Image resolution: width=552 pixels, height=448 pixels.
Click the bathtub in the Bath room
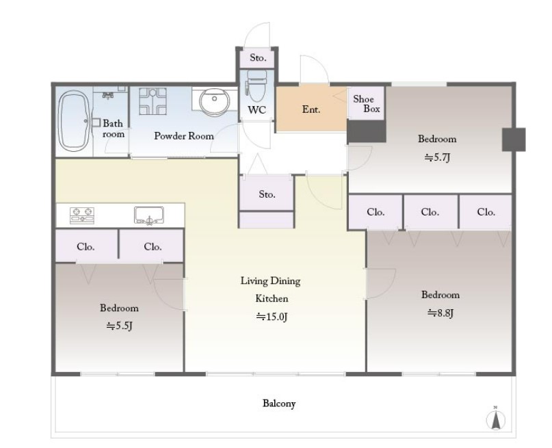(x=74, y=120)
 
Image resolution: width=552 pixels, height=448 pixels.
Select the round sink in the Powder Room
(x=214, y=101)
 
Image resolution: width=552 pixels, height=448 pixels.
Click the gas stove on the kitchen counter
(x=82, y=215)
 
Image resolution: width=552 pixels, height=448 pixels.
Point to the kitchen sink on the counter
(x=149, y=215)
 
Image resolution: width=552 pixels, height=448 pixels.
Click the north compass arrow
(x=496, y=419)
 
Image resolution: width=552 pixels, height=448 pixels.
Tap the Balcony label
(x=279, y=404)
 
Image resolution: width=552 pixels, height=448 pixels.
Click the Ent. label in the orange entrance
(x=311, y=109)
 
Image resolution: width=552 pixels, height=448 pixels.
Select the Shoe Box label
(x=367, y=104)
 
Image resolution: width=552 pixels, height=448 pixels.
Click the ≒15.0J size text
(x=272, y=317)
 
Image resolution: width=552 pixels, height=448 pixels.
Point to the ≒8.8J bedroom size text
(x=440, y=313)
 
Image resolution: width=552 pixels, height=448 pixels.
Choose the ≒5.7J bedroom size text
(x=437, y=157)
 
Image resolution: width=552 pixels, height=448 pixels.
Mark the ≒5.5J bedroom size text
(x=119, y=326)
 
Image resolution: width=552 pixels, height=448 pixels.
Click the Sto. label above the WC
(x=258, y=57)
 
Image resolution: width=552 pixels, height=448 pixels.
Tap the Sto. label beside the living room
(x=267, y=194)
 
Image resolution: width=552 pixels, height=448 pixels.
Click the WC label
(x=257, y=110)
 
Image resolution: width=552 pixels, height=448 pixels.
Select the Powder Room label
(x=184, y=136)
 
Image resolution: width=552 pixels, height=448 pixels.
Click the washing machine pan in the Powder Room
(x=153, y=101)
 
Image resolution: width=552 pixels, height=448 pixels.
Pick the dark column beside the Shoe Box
(x=366, y=131)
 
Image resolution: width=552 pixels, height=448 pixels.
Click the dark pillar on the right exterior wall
(x=514, y=140)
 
